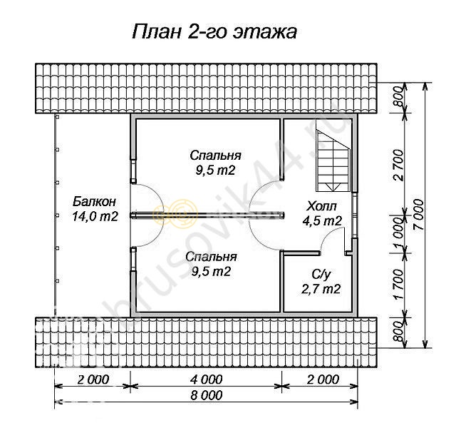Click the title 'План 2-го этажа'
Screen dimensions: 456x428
[214, 31]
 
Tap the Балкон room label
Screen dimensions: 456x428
[94, 201]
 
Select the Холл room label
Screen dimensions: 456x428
[321, 206]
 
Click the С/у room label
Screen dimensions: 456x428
[321, 274]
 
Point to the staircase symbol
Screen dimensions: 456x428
[333, 160]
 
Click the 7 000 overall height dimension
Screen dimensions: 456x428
[419, 215]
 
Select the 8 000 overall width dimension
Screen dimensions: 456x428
[207, 395]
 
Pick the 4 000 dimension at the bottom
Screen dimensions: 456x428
[207, 379]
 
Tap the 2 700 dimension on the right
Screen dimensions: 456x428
[398, 165]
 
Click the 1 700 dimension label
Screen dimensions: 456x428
[398, 284]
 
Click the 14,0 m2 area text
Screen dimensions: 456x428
[95, 216]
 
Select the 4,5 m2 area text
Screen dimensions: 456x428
[322, 221]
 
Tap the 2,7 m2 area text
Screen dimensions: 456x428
[321, 290]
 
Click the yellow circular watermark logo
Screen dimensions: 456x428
[176, 215]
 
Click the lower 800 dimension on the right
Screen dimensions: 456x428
[398, 332]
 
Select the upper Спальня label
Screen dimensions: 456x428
[215, 156]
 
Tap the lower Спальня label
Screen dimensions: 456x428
[211, 257]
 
